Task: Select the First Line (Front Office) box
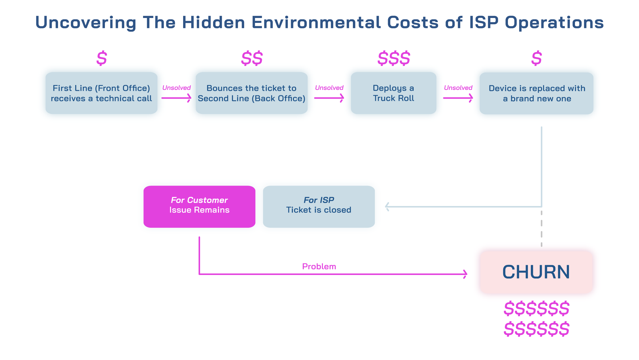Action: coord(101,93)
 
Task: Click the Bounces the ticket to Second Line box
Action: coord(252,93)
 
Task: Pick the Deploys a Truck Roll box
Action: coord(393,93)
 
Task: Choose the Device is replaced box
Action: coord(537,93)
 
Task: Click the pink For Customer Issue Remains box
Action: coord(199,207)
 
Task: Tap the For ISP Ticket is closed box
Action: coord(319,207)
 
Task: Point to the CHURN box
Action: coord(536,272)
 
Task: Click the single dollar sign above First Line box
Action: coord(102,58)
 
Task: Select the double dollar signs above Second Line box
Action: coord(252,58)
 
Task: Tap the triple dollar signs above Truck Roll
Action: coord(394,58)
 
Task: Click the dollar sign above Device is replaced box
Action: coord(537,58)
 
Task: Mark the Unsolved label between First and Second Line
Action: coord(176,88)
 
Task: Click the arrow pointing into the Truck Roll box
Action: coord(329,98)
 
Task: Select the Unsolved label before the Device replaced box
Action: coord(458,88)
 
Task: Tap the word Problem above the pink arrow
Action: coord(319,266)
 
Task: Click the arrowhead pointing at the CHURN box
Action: coord(465,274)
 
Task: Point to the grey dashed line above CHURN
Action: coord(541,229)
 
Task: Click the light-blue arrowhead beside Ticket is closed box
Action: coord(387,207)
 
